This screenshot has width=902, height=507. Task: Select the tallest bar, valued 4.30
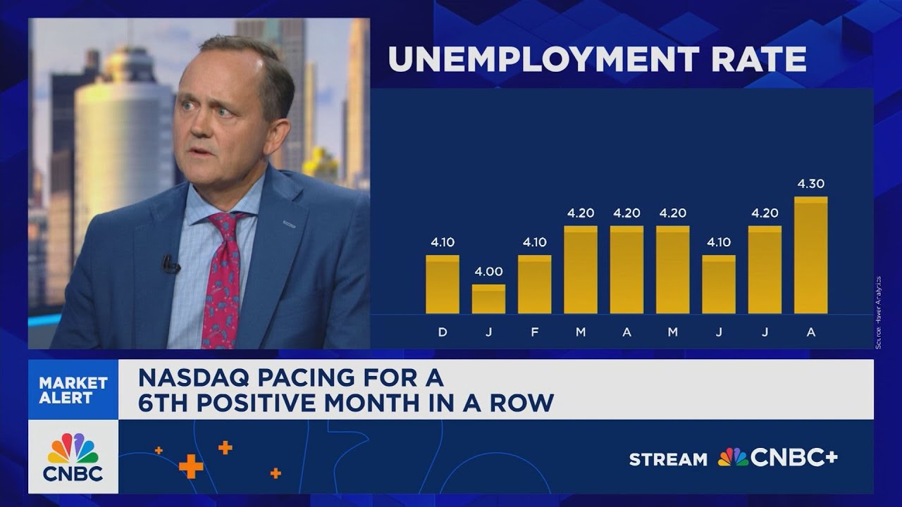[810, 255]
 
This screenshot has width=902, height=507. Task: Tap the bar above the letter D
[443, 284]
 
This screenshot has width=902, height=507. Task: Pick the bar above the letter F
[534, 284]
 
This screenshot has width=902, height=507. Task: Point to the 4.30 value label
[810, 184]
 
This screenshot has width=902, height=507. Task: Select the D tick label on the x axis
[443, 332]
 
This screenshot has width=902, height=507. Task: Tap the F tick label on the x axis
[534, 332]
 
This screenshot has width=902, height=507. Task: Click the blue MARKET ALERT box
[73, 390]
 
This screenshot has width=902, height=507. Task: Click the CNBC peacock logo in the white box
[73, 449]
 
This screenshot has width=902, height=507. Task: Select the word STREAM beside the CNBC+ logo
[668, 460]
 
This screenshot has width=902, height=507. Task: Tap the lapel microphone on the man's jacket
[170, 265]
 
